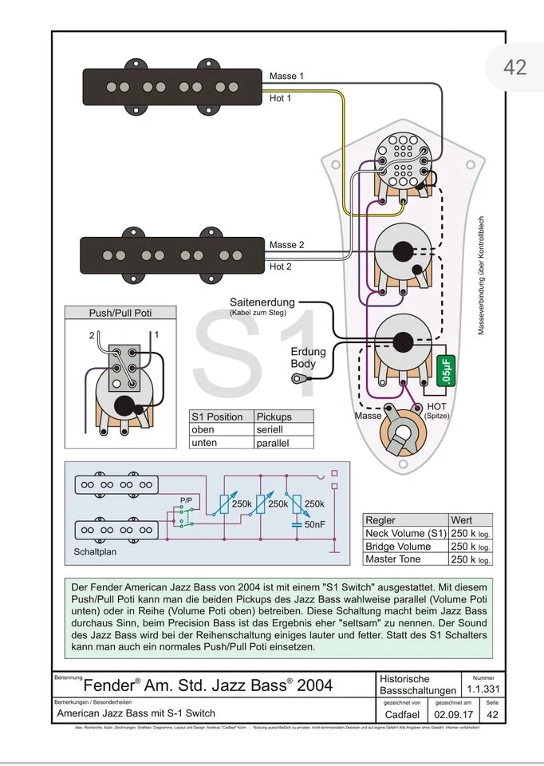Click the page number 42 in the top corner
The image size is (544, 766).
coord(514,67)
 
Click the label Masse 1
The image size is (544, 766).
coord(286,77)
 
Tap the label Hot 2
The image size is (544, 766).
coord(281,267)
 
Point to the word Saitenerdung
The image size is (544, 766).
coord(262,303)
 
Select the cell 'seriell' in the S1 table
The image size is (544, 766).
coord(270,429)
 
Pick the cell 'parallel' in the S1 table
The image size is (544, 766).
coord(273,443)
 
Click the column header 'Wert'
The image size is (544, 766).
coord(462,519)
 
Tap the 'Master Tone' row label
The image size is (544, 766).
coord(392,559)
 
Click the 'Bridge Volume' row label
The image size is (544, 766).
coord(397,547)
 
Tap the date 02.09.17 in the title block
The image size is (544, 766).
coord(452,713)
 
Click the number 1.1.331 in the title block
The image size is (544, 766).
coord(483,689)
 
